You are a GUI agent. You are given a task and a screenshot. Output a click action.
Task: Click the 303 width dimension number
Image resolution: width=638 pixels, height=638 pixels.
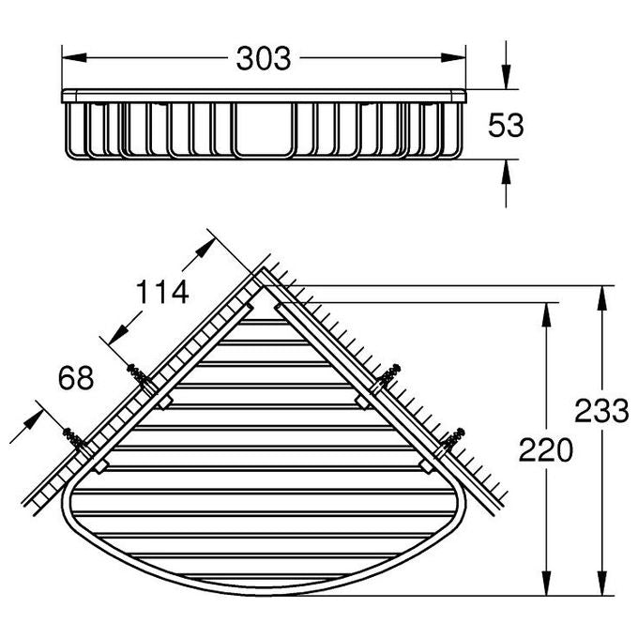coord(264,58)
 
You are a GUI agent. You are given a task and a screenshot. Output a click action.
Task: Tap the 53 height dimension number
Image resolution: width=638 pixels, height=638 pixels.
coord(506,125)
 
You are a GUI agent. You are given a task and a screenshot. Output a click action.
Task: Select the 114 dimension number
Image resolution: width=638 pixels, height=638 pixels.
coord(162,292)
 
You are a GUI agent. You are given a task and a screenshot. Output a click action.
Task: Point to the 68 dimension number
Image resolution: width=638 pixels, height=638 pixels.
coord(76,377)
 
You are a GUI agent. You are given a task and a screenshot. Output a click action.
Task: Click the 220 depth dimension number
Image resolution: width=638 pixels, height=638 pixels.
coord(546,450)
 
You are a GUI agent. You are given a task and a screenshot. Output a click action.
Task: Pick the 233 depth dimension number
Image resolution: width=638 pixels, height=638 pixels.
coord(601,411)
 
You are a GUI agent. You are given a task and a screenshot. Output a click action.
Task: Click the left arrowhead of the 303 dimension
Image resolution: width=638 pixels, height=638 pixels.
coord(74,58)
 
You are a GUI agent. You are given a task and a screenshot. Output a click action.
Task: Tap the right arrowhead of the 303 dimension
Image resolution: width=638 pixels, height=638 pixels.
coord(453,58)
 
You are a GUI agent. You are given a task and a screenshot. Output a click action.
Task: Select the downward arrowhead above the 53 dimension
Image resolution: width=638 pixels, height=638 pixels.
coord(506,77)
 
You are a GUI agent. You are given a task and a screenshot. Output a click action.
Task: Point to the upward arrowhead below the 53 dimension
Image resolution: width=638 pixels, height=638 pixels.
coord(506,172)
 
